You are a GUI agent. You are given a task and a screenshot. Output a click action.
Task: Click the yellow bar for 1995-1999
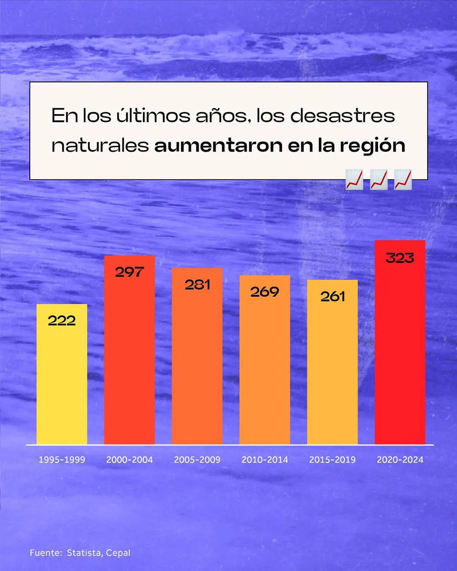pyautogui.click(x=62, y=381)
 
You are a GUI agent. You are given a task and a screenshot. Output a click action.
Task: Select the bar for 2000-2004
pyautogui.click(x=129, y=360)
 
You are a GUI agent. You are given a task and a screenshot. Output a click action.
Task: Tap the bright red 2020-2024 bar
pyautogui.click(x=400, y=351)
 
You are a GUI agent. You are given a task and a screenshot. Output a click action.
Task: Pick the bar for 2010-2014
pyautogui.click(x=265, y=368)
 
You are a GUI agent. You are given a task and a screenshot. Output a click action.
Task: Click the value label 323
pyautogui.click(x=400, y=258)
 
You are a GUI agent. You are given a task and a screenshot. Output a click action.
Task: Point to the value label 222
pyautogui.click(x=62, y=321)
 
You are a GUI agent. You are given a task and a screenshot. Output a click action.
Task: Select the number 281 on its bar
pyautogui.click(x=197, y=285)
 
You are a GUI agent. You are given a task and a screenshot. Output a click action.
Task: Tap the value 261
pyautogui.click(x=333, y=296)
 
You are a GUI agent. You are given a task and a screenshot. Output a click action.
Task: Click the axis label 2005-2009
pyautogui.click(x=197, y=460)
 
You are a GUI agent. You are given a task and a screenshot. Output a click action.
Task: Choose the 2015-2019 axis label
pyautogui.click(x=333, y=460)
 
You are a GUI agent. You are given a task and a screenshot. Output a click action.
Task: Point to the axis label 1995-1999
pyautogui.click(x=62, y=460)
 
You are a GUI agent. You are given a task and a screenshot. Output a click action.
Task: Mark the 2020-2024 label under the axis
pyautogui.click(x=400, y=460)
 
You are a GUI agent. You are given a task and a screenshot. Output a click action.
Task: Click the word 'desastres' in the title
pyautogui.click(x=343, y=116)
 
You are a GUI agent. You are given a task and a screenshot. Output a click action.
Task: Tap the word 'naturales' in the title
pyautogui.click(x=100, y=145)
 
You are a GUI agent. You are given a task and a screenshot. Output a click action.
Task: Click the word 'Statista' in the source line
pyautogui.click(x=84, y=553)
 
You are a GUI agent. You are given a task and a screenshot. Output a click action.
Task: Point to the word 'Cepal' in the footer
pyautogui.click(x=118, y=553)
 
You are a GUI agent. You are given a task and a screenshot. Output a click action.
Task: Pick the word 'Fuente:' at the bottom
pyautogui.click(x=46, y=553)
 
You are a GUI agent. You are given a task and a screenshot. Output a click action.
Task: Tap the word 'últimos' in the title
pyautogui.click(x=153, y=115)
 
